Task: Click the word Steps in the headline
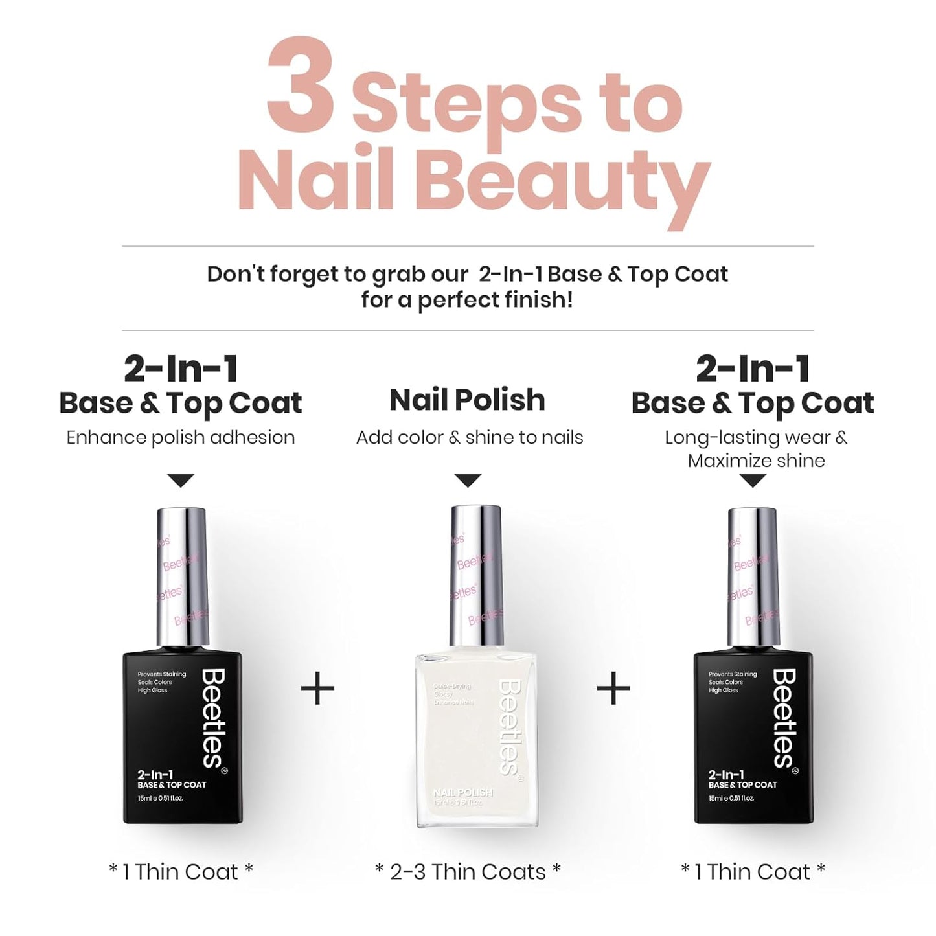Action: coord(466,104)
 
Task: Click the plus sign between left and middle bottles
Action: coord(318,688)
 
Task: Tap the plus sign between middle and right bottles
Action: coord(613,688)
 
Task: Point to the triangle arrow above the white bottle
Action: coord(468,481)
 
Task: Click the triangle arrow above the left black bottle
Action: coord(181,481)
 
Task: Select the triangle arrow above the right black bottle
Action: coord(752,481)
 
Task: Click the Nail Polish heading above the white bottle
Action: coord(467,400)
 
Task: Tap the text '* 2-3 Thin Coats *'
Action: coord(468,872)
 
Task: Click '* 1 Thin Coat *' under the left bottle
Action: coord(181,872)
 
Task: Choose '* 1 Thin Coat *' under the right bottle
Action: coord(753,872)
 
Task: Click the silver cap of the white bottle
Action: coord(476,570)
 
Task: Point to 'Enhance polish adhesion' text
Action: coord(181,437)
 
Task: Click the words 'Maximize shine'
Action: coord(756,461)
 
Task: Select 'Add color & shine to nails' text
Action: coord(470,437)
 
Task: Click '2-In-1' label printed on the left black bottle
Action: coord(155,775)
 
